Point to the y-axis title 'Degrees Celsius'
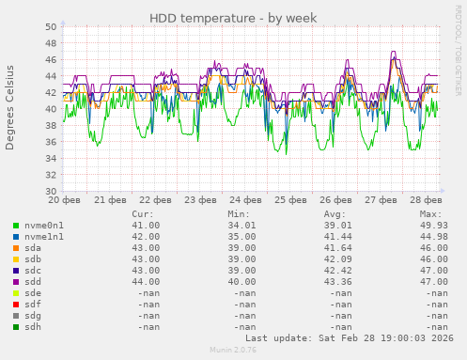(x=10, y=107)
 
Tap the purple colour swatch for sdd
(x=16, y=283)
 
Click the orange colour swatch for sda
(x=16, y=247)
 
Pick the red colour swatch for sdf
(x=16, y=305)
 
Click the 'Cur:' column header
(x=143, y=214)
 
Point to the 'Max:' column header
(x=431, y=214)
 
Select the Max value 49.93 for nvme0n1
(x=428, y=226)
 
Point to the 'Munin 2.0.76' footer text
(x=233, y=350)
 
